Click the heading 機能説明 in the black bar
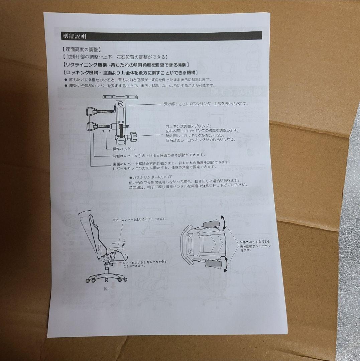[74, 36]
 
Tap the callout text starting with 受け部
[206, 104]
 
